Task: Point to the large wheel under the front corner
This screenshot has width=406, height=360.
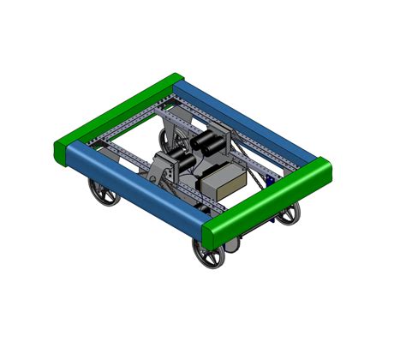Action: [208, 255]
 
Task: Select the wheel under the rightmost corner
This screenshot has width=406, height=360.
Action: [289, 214]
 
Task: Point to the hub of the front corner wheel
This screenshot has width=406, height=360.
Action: [208, 255]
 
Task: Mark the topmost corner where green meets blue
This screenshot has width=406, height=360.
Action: [176, 81]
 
